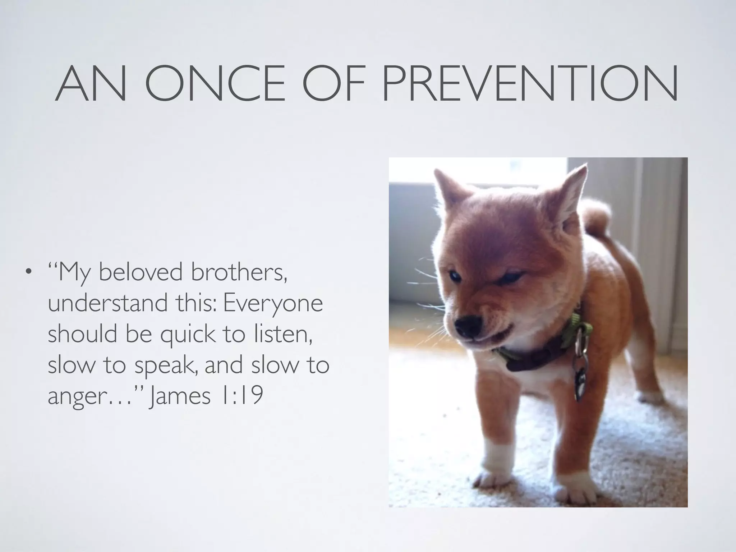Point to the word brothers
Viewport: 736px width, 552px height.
239,272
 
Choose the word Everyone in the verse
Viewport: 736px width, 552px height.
273,303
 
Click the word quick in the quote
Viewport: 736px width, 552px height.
186,334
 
